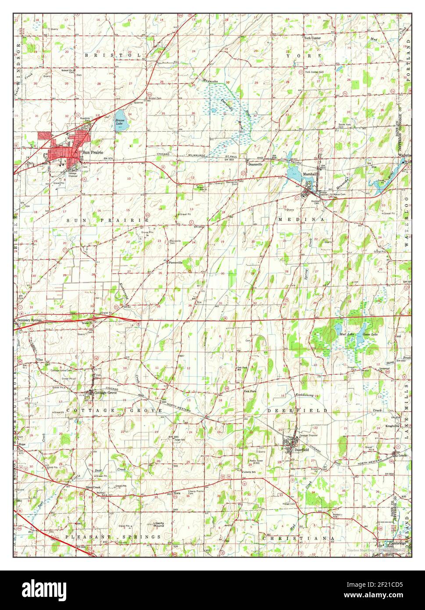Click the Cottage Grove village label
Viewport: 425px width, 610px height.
pyautogui.click(x=106, y=392)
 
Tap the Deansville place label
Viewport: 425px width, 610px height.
pyautogui.click(x=255, y=164)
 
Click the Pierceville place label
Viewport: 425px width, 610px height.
pyautogui.click(x=175, y=262)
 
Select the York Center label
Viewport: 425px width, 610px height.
pyautogui.click(x=313, y=38)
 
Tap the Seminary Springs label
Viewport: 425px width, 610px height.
pyautogui.click(x=29, y=320)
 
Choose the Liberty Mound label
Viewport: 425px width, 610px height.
pyautogui.click(x=158, y=524)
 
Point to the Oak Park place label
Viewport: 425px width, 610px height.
pyautogui.click(x=250, y=391)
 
